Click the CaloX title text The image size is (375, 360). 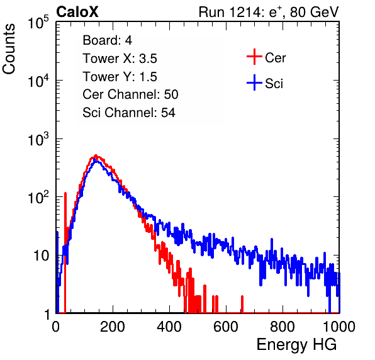pyautogui.click(x=77, y=12)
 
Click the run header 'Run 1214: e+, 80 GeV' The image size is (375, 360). pyautogui.click(x=269, y=12)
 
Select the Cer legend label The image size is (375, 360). pyautogui.click(x=275, y=58)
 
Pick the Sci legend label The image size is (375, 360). pyautogui.click(x=274, y=84)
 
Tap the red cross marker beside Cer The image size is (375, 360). pyautogui.click(x=254, y=57)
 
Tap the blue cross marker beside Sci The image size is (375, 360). pyautogui.click(x=254, y=82)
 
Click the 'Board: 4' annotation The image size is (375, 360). pyautogui.click(x=107, y=40)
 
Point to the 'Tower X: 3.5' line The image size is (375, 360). pyautogui.click(x=120, y=59)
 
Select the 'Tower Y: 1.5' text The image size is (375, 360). pyautogui.click(x=120, y=77)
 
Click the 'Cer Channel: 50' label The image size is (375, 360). pyautogui.click(x=130, y=94)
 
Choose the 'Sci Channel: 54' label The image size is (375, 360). pyautogui.click(x=129, y=113)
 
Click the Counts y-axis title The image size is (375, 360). pyautogui.click(x=9, y=49)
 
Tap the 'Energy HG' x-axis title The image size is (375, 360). pyautogui.click(x=296, y=345)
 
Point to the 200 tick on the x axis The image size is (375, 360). pyautogui.click(x=113, y=327)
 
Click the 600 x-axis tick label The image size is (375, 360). pyautogui.click(x=226, y=327)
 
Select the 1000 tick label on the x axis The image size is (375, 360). pyautogui.click(x=339, y=327)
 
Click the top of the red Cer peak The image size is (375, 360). pyautogui.click(x=96, y=155)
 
